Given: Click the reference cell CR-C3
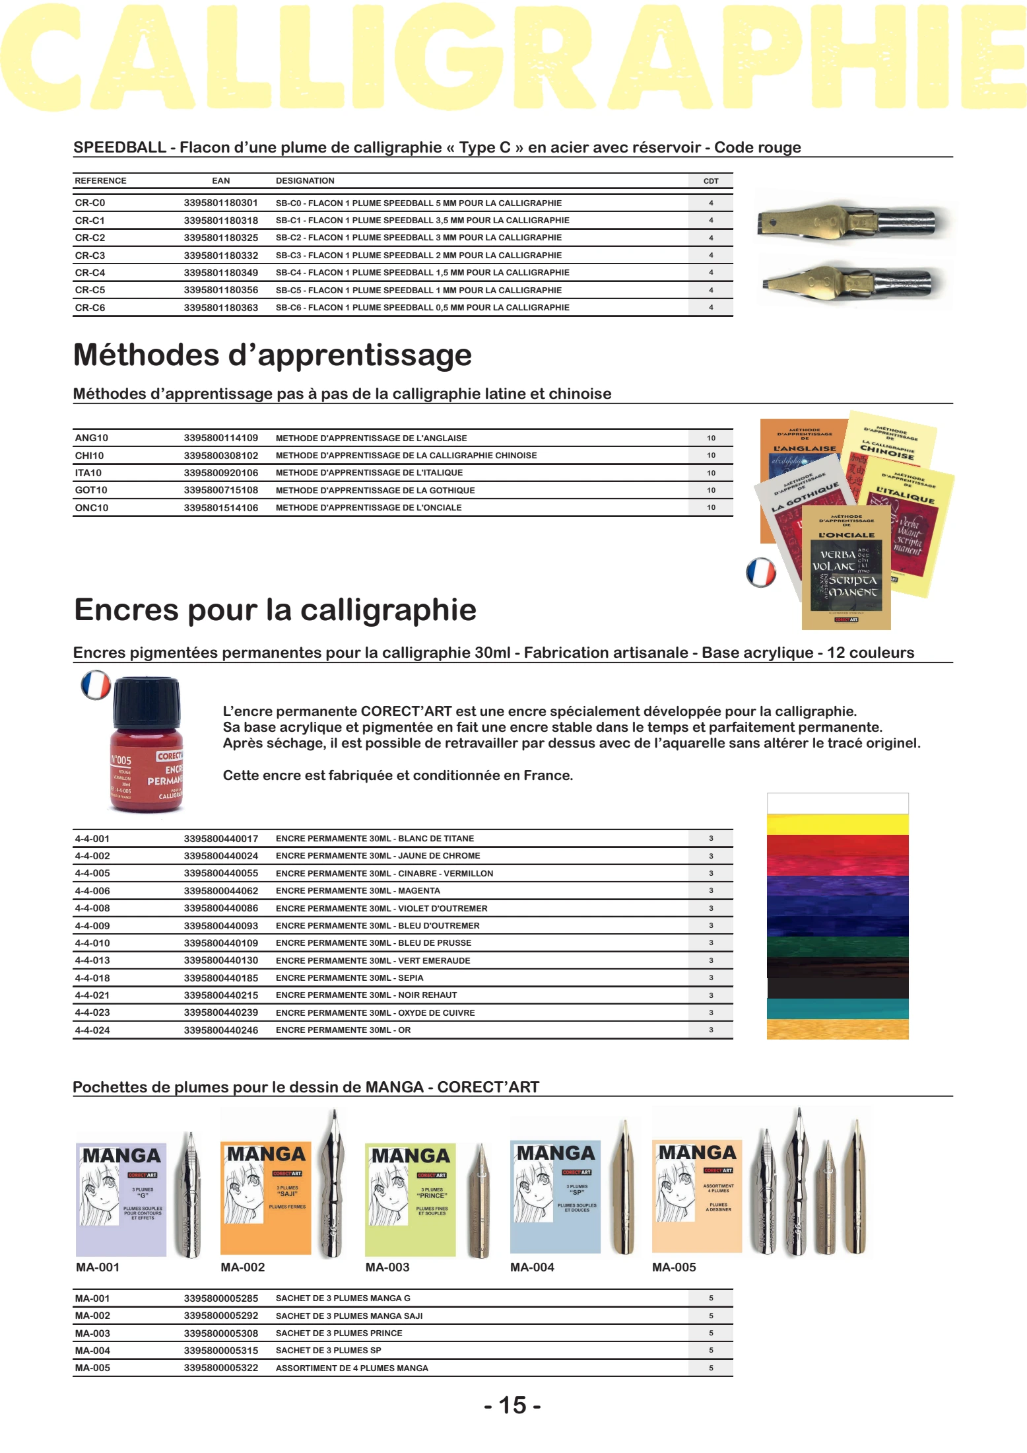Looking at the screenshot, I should [90, 256].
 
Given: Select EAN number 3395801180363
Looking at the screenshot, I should [220, 308].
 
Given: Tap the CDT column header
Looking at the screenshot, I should [710, 181].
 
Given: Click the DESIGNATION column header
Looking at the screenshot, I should [305, 181].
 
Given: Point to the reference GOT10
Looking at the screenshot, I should [91, 490].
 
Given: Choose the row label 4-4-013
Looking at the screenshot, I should [92, 960].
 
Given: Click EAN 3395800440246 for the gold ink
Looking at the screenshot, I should [220, 1030].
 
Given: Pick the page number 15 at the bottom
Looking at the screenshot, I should [512, 1405].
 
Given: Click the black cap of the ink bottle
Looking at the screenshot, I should [146, 701].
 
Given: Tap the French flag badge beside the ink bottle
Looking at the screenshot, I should [96, 685].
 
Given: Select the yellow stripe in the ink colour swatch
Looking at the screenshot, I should [837, 824].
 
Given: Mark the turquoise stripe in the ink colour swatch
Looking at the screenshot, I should [837, 1009].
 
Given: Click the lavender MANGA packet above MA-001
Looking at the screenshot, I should [121, 1199].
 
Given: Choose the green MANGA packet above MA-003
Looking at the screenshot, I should [410, 1199].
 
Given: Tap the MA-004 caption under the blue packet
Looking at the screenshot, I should [532, 1267].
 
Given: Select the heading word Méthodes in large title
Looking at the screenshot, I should [146, 355].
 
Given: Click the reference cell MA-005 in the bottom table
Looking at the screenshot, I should [92, 1368].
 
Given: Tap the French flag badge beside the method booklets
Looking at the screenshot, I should [760, 572].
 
